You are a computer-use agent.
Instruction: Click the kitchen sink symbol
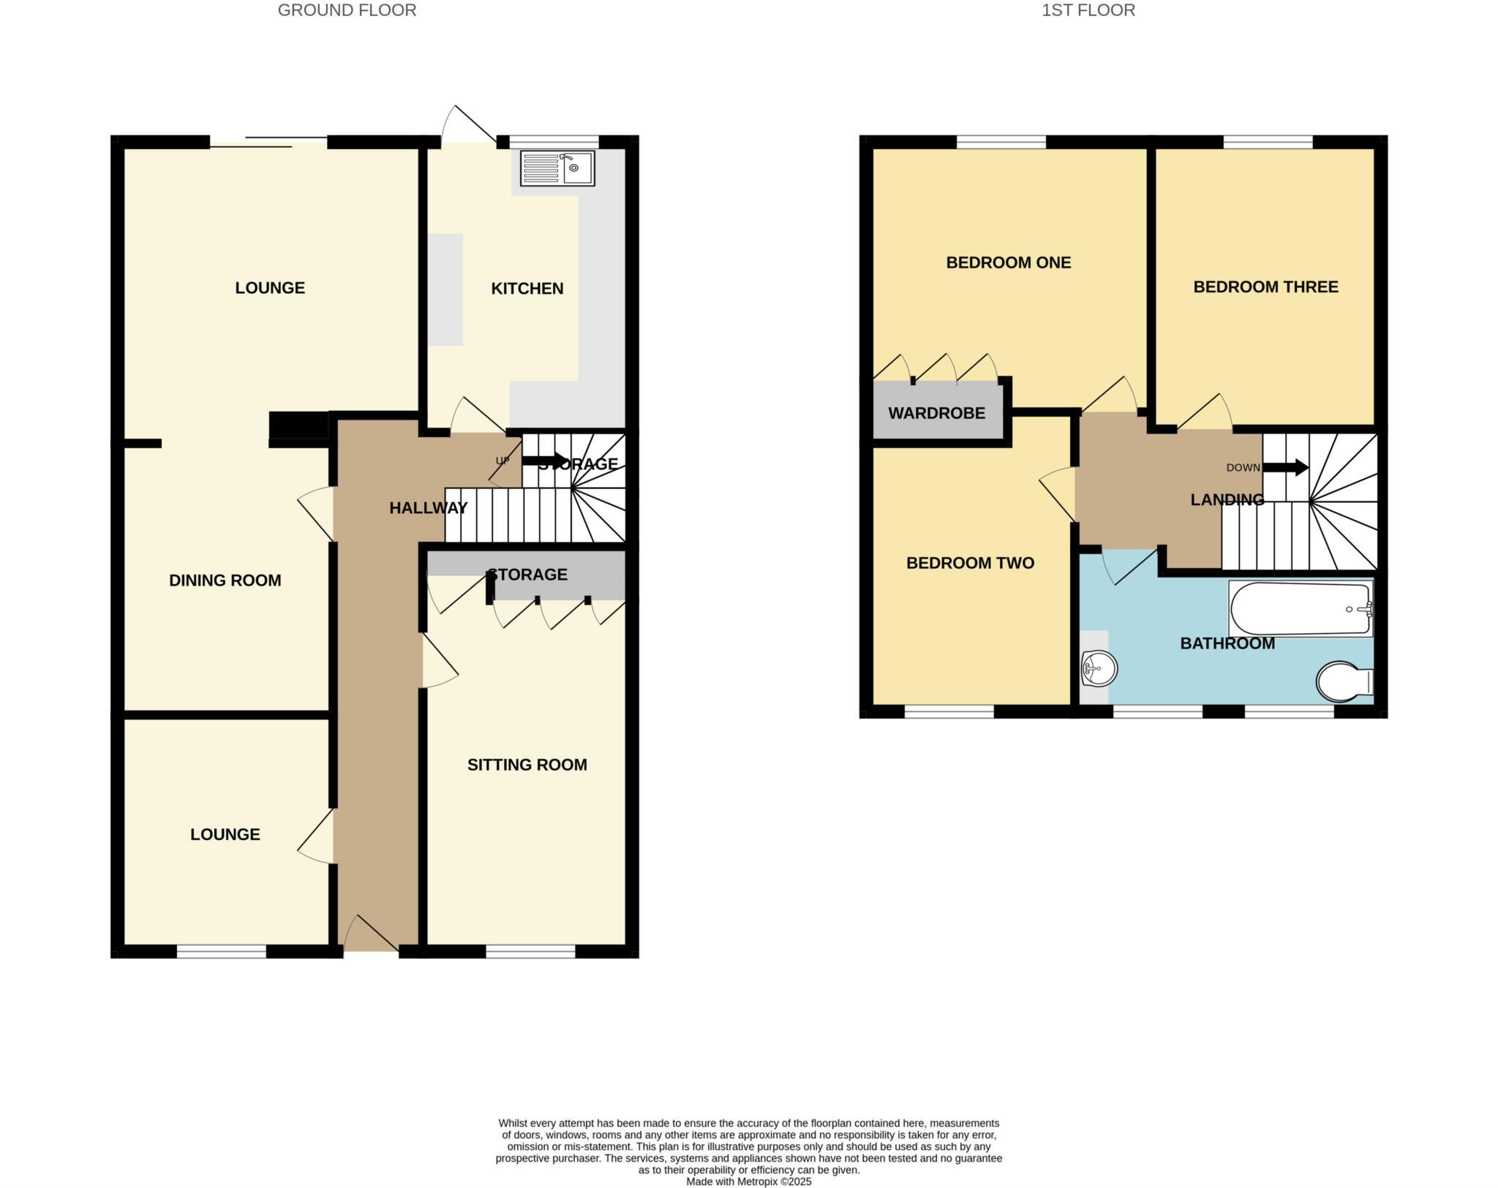coord(557,168)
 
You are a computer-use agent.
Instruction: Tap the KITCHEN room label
coord(527,289)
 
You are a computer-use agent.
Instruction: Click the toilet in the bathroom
coord(1344,681)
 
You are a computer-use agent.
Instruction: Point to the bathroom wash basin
coord(1099,667)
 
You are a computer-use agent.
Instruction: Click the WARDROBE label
coord(936,413)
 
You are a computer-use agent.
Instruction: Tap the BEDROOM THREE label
coord(1265,287)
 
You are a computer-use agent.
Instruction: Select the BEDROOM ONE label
coord(1008,262)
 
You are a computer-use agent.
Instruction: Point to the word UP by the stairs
coord(503,461)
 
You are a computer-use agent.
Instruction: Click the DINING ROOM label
coord(225,580)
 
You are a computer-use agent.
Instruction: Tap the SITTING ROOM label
coord(527,765)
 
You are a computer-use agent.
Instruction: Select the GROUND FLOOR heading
coord(347,10)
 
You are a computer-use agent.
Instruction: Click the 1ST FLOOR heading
coord(1088,10)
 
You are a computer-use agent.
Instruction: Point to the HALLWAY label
coord(428,508)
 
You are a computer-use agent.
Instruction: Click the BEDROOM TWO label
coord(970,563)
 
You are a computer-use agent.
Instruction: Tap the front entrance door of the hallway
coord(372,936)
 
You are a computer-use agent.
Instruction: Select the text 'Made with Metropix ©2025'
coord(748,1181)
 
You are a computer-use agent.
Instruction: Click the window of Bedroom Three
coord(1268,143)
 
